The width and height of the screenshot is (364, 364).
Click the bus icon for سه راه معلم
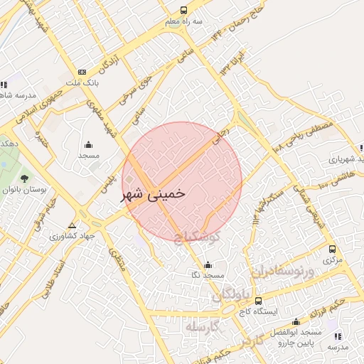click(183, 10)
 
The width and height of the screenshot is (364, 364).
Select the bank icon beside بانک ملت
click(82, 73)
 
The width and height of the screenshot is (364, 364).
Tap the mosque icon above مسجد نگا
click(208, 264)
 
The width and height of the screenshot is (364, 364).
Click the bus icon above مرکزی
click(332, 250)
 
